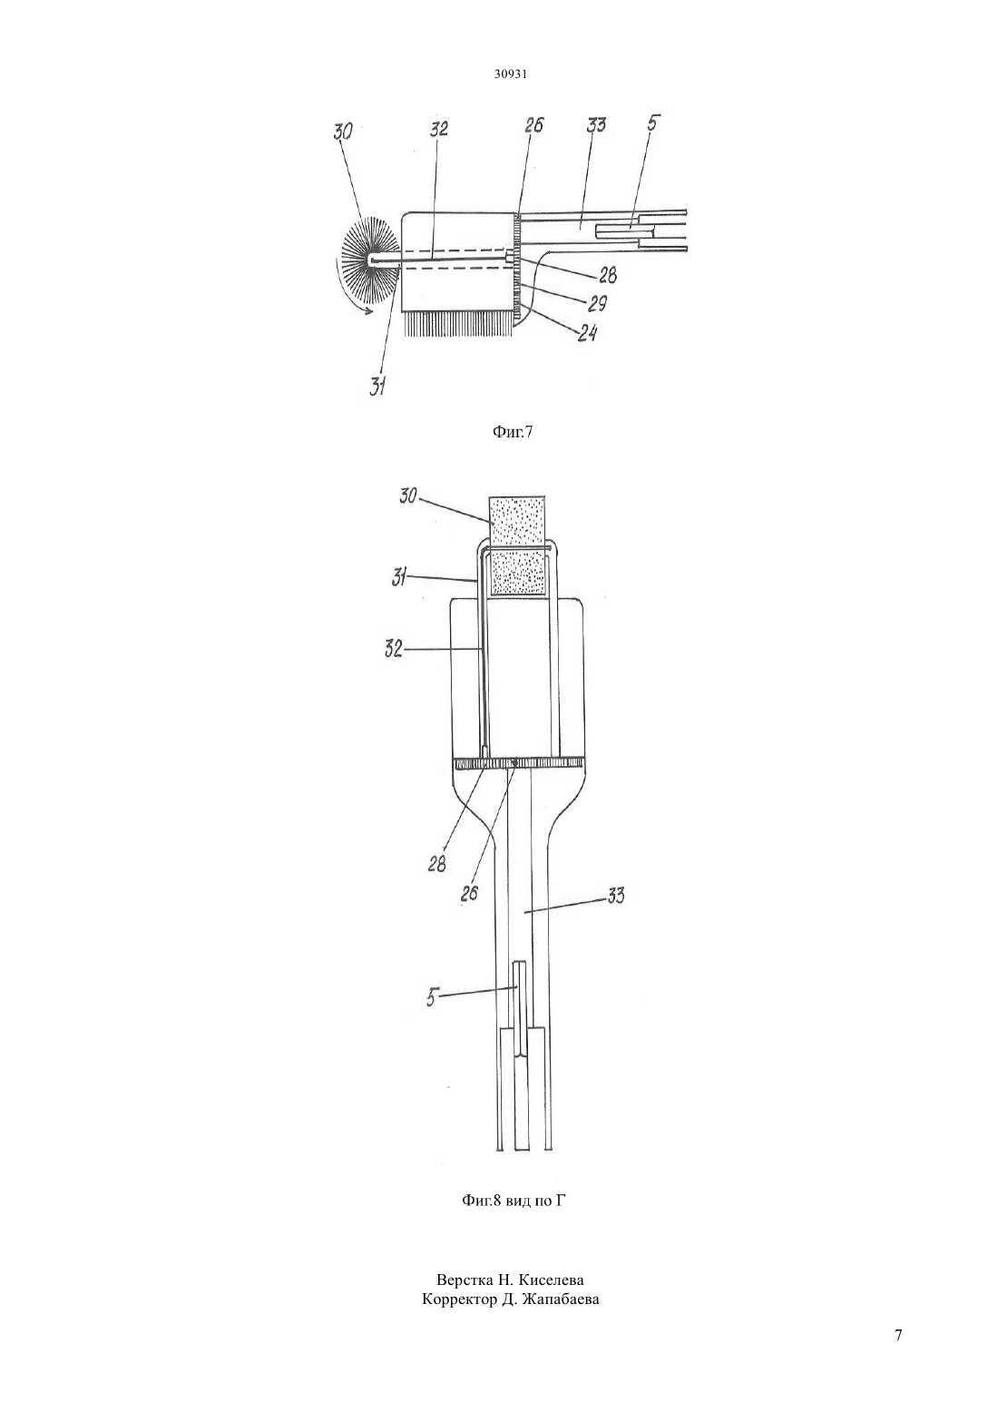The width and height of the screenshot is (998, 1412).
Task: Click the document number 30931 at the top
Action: pos(510,74)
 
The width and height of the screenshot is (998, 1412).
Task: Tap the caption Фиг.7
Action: pos(512,432)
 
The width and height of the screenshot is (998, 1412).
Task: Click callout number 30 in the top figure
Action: pos(343,131)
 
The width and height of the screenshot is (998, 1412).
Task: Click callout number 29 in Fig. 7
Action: pos(597,303)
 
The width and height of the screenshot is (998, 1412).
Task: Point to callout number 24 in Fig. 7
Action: pos(587,332)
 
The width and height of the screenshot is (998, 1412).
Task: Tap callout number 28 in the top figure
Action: pos(607,275)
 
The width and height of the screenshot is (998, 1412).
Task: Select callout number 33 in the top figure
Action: pos(595,124)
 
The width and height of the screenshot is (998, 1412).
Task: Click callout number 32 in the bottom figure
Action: pos(394,649)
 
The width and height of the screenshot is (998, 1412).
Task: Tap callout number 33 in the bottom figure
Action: pos(615,895)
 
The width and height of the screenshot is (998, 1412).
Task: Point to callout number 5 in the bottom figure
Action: pos(432,998)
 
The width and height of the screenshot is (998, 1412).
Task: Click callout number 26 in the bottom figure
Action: pos(469,893)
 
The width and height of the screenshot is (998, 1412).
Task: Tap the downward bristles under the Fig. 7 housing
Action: pos(459,323)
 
